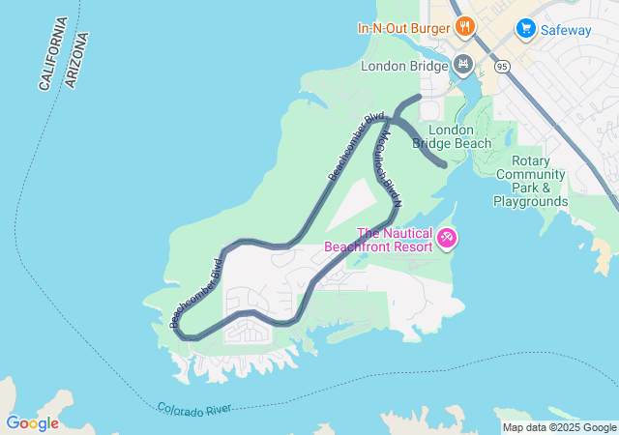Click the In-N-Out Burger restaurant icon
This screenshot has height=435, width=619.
464,27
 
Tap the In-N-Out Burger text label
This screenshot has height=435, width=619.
405,27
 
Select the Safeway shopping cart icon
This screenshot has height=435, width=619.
526,29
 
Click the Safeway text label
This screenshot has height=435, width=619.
566,30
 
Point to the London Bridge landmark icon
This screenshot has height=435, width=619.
463,66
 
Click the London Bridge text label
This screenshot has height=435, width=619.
404,67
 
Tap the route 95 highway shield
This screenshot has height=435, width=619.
501,69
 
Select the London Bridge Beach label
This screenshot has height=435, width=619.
452,136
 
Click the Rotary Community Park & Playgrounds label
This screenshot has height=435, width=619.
530,181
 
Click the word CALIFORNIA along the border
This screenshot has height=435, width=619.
53,54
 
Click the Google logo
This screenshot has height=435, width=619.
32,422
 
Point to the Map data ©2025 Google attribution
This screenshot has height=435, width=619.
559,427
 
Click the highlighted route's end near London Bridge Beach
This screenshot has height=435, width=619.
444,165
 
